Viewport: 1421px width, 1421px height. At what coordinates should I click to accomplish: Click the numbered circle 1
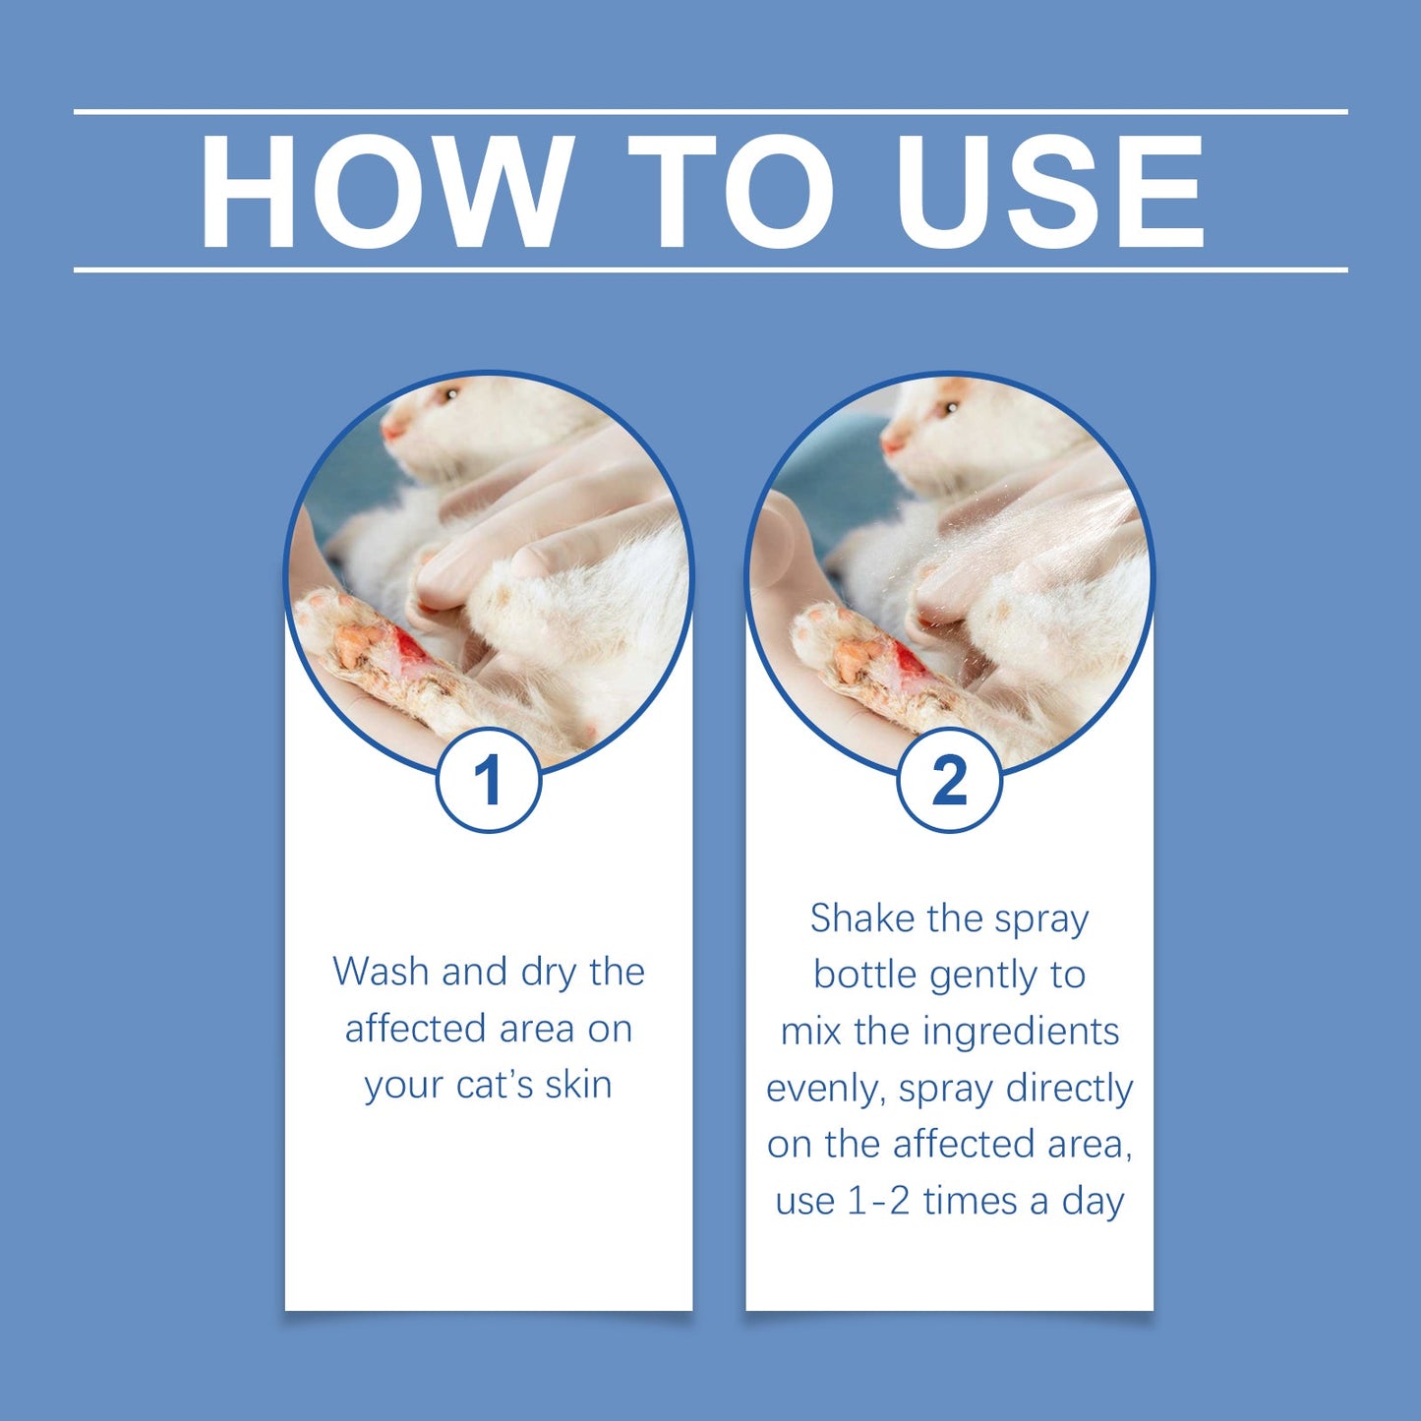click(x=489, y=781)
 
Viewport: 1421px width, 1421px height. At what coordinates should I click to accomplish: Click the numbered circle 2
click(x=949, y=781)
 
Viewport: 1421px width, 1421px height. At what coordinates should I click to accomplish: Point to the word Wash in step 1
click(x=381, y=972)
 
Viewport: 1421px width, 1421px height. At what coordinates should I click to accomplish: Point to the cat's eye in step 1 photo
click(x=451, y=395)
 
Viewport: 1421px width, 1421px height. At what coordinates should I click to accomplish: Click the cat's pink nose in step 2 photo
click(x=892, y=444)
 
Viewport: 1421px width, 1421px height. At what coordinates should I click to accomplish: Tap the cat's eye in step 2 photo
click(x=951, y=406)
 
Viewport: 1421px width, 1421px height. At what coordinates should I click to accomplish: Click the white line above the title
click(x=710, y=112)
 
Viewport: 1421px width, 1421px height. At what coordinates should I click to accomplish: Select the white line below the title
click(x=710, y=268)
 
